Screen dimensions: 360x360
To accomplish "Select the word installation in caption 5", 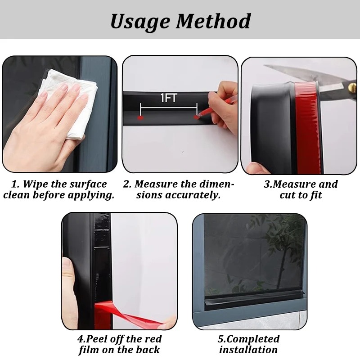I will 248,350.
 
